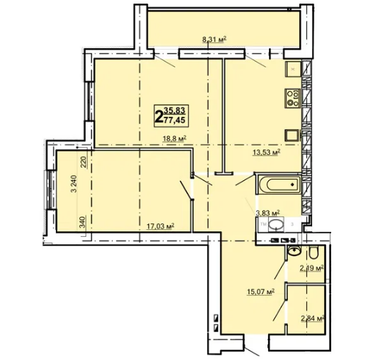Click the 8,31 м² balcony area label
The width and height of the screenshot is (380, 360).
click(214, 39)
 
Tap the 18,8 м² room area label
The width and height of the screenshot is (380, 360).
click(175, 139)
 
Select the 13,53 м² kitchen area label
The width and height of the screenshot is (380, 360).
click(266, 152)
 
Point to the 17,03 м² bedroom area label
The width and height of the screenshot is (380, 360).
click(161, 226)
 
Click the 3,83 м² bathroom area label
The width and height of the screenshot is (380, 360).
click(267, 213)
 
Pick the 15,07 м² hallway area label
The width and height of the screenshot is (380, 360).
click(260, 291)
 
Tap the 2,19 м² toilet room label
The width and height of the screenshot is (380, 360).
click(312, 268)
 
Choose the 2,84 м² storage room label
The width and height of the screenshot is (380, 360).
click(313, 318)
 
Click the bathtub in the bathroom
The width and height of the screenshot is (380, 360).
click(280, 185)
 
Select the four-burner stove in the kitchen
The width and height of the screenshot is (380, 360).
click(293, 98)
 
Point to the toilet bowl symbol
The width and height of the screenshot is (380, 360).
click(315, 253)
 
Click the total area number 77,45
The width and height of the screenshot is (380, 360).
click(174, 120)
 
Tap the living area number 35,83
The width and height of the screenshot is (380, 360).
click(175, 111)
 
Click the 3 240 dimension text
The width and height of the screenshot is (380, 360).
click(74, 184)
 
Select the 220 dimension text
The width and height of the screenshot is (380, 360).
click(83, 162)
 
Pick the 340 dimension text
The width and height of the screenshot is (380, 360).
click(83, 222)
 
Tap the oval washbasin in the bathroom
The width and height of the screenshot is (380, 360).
click(276, 223)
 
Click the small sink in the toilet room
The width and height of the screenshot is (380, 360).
click(294, 250)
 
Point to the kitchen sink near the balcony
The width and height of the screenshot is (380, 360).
click(293, 69)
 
